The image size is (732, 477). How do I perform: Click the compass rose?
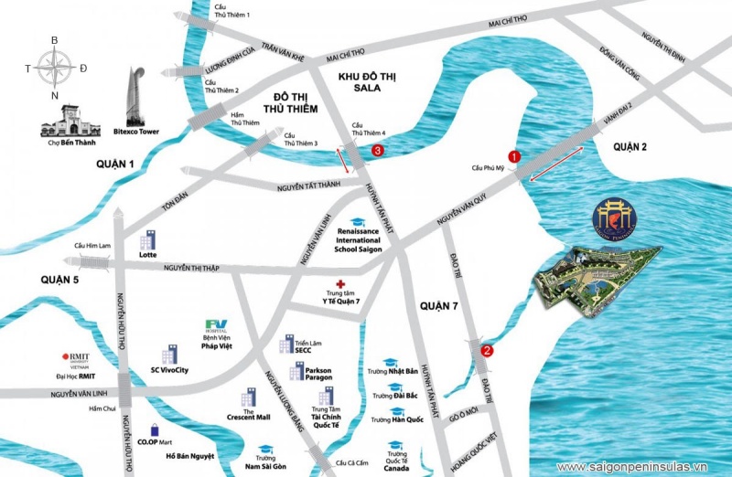(x=56, y=69)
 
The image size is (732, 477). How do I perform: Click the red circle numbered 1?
(x=514, y=156)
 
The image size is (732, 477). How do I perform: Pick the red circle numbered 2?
(x=487, y=349)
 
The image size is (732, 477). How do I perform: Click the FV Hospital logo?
(x=216, y=325)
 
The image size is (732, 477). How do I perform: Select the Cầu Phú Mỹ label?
(x=489, y=168)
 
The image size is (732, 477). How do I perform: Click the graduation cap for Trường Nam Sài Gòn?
(x=265, y=450)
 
